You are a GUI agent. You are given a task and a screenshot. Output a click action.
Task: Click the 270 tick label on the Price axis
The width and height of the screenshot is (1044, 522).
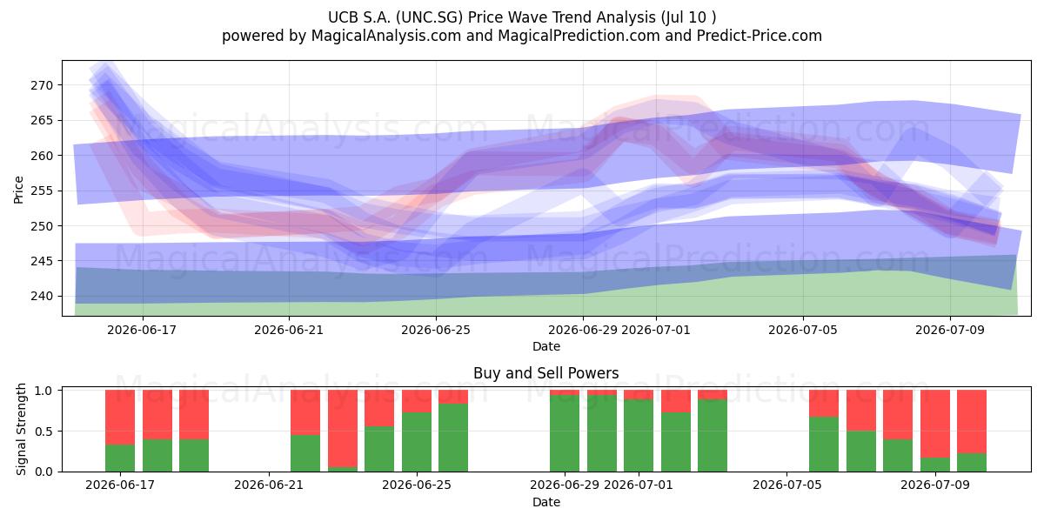pos(42,85)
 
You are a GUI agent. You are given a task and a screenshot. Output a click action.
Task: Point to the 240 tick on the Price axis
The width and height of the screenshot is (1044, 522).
pos(42,297)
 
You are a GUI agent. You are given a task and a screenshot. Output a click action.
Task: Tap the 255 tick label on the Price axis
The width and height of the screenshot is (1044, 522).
pos(42,191)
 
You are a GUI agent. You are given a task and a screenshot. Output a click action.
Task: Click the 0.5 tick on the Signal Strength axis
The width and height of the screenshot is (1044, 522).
pos(44,432)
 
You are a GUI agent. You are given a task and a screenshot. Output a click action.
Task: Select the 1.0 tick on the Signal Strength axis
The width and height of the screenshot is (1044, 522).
pos(44,390)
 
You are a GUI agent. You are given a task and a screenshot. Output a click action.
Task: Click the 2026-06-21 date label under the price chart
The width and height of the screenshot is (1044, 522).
pos(289,330)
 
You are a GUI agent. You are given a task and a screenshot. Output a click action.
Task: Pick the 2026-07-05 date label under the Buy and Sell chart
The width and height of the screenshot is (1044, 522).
pos(786,485)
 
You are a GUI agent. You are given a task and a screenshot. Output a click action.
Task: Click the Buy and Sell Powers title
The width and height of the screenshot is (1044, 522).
pos(545,373)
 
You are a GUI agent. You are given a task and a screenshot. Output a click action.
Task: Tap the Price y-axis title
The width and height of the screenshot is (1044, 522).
pos(18,190)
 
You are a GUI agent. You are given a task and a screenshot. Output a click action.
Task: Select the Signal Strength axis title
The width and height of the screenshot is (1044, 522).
pos(21,429)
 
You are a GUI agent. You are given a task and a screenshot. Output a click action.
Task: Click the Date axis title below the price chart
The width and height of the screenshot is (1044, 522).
pos(546,346)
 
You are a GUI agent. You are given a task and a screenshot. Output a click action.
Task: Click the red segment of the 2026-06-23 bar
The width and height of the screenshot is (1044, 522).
pos(343,429)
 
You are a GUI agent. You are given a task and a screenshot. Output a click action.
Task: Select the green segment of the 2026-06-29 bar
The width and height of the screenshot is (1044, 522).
pos(565,433)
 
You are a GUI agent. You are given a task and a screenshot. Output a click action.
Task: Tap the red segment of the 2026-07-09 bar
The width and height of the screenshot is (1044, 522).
pos(935,424)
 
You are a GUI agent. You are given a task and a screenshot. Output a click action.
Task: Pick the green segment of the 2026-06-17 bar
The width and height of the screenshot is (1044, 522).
pos(120,458)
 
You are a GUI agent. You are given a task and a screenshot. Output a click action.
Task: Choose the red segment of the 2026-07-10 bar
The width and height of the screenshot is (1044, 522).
pos(972,422)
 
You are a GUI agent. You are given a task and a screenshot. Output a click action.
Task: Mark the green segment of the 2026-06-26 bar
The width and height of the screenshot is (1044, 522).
pos(453,438)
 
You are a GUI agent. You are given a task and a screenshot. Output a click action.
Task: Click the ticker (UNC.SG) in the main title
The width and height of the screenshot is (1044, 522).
pos(429,17)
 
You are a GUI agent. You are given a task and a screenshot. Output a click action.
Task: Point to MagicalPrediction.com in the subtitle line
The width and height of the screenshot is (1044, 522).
pos(579,36)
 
